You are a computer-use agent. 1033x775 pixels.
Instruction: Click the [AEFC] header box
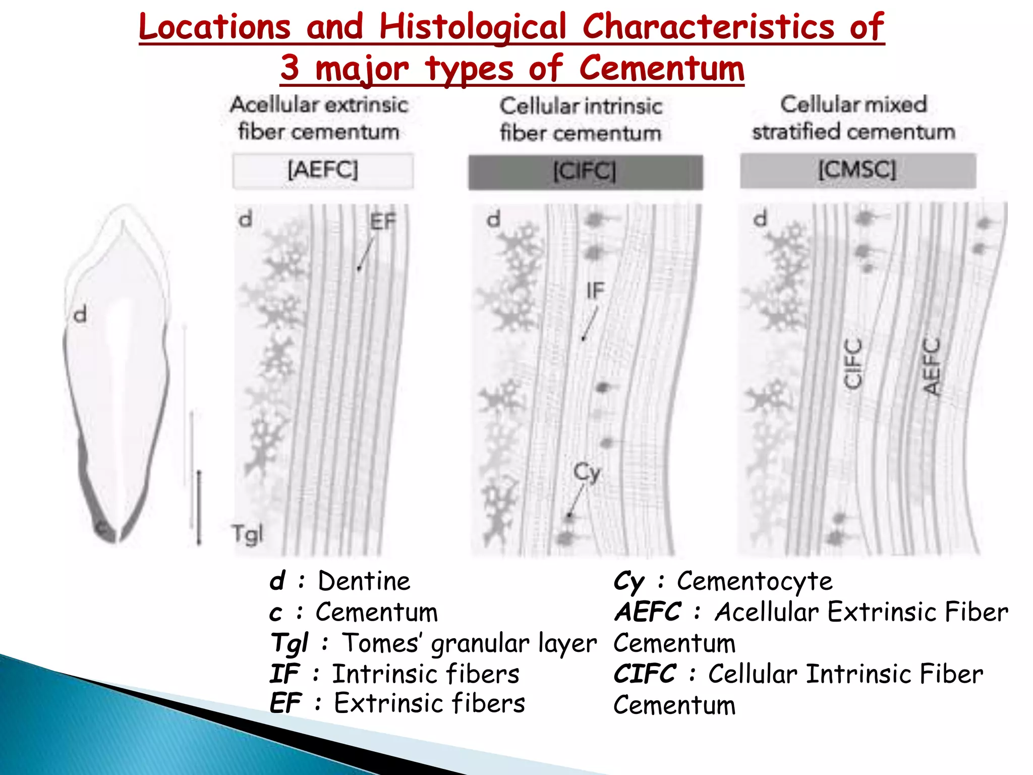(323, 170)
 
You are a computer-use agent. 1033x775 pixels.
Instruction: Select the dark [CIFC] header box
(585, 172)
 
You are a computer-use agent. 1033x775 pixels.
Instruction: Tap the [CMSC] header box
(857, 170)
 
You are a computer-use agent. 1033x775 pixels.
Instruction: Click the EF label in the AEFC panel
(383, 222)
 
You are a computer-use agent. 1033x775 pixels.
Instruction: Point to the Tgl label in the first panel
(247, 534)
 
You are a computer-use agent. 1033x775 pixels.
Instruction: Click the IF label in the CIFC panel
(595, 291)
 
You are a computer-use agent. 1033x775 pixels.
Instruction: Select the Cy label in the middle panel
(587, 473)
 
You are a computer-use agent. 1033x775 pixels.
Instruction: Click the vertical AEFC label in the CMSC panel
(931, 366)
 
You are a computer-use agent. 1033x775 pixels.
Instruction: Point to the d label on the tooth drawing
(80, 315)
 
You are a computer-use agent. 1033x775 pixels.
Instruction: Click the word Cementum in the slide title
(661, 69)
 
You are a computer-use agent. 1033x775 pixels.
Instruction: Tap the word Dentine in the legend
(364, 581)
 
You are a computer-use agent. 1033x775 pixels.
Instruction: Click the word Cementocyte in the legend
(755, 581)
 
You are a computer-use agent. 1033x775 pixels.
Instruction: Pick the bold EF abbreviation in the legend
(285, 703)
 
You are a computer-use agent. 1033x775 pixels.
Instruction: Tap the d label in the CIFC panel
(493, 219)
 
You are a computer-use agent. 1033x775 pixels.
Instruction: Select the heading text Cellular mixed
(853, 104)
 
